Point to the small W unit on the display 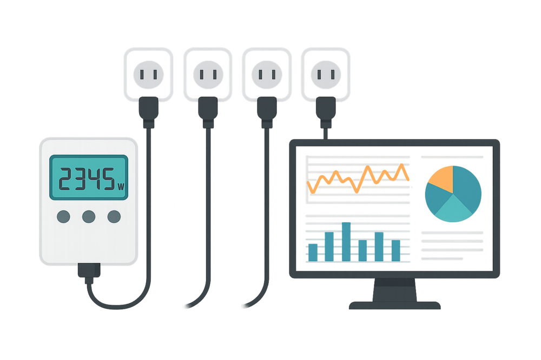click(x=121, y=187)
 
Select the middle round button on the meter click(x=88, y=217)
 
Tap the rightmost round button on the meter click(x=114, y=217)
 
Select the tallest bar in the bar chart click(x=346, y=241)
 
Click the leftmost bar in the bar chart click(x=313, y=251)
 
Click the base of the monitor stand click(x=394, y=305)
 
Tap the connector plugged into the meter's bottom click(x=89, y=270)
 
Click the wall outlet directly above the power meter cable click(x=146, y=73)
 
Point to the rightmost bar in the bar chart click(x=395, y=250)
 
